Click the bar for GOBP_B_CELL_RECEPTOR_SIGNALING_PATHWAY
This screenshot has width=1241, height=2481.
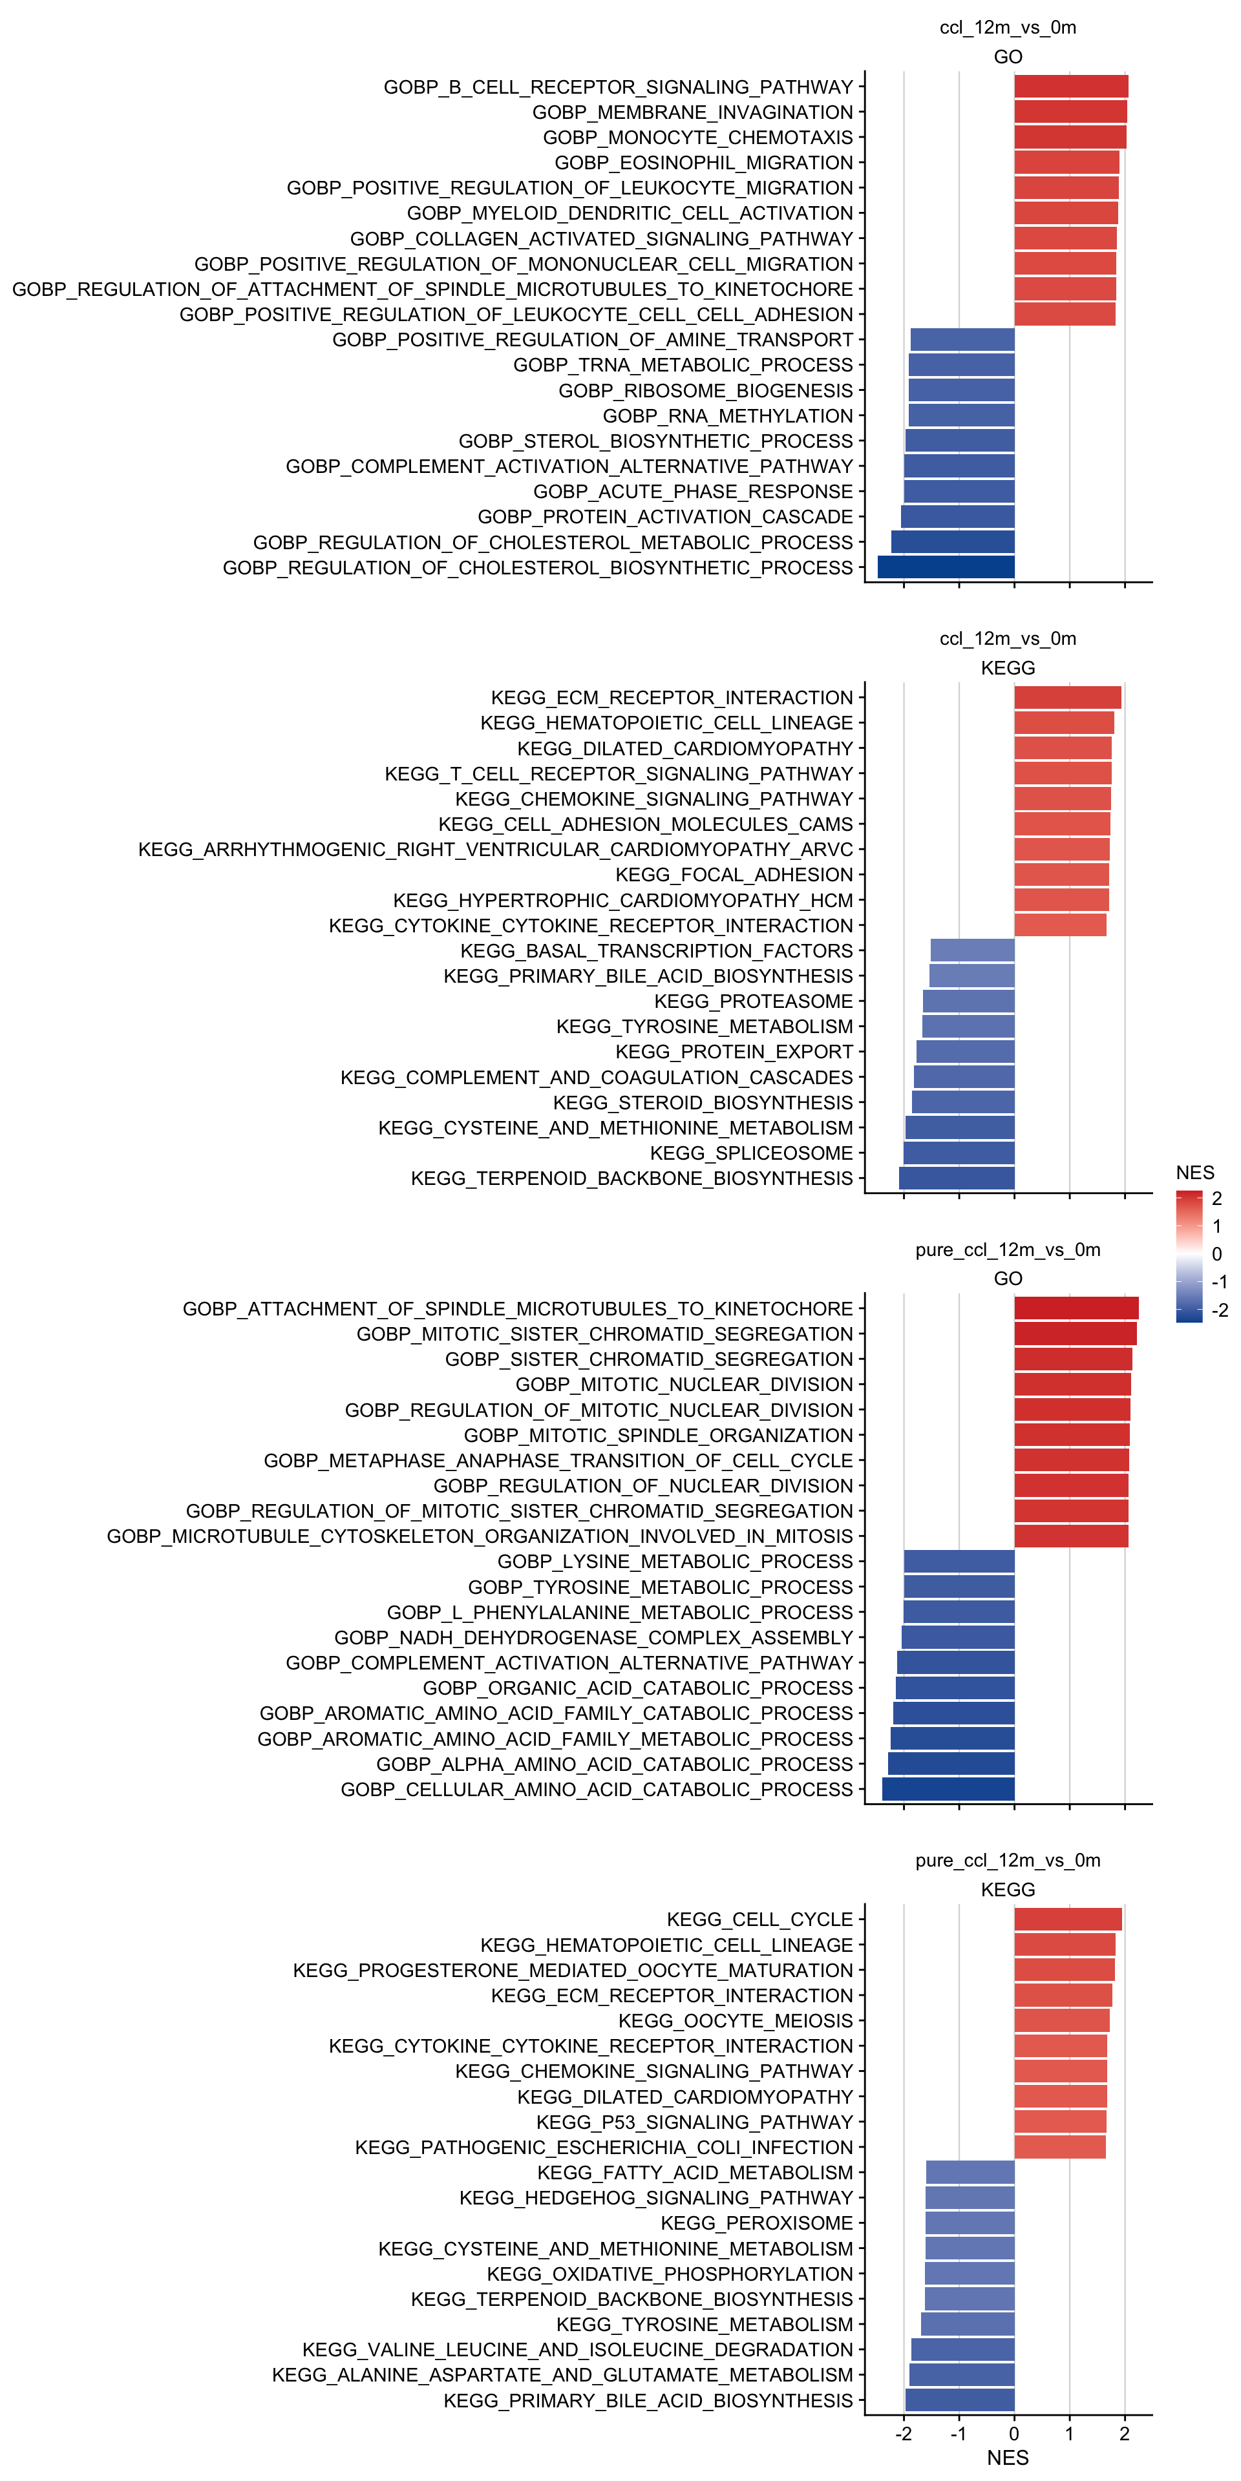1070,87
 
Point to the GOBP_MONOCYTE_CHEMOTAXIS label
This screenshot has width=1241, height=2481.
697,138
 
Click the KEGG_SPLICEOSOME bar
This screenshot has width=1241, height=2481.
959,1153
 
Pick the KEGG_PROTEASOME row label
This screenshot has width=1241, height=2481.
754,1001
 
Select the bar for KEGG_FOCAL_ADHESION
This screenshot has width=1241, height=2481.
1061,875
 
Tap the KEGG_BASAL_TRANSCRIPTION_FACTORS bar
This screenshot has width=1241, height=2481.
972,950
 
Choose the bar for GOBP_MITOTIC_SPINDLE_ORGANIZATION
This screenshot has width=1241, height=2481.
1072,1435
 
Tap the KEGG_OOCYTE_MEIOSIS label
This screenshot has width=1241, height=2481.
735,2020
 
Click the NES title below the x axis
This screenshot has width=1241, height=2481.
1008,2458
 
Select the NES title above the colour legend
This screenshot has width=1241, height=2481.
1194,1172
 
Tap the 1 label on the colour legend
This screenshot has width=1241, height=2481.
1217,1226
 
